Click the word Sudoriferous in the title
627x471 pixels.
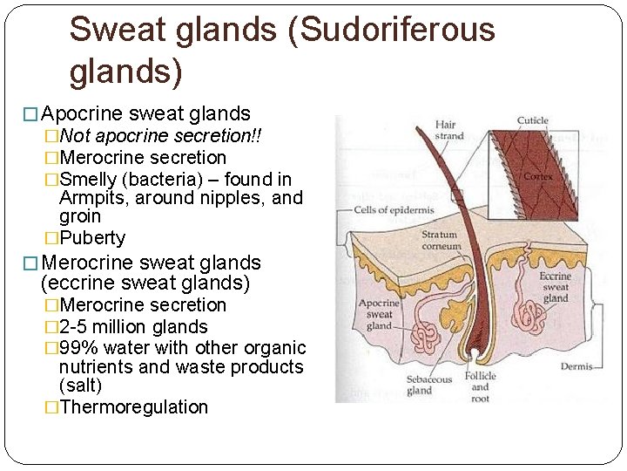pos(389,30)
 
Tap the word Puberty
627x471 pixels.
pos(92,238)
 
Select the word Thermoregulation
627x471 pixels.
pos(134,407)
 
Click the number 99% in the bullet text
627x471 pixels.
pos(80,348)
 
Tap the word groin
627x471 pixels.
pos(80,216)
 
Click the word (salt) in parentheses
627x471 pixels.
pos(80,386)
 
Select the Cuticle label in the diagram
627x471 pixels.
pos(532,120)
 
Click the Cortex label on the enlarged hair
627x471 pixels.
pos(538,176)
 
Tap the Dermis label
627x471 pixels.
pos(577,367)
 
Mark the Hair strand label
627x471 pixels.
pos(448,131)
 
